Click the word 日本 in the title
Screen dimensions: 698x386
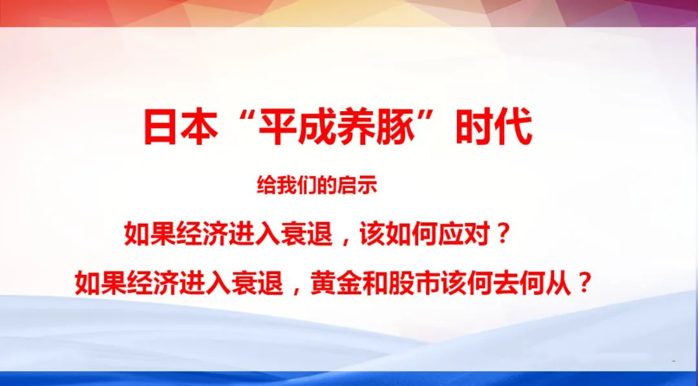[x=180, y=128]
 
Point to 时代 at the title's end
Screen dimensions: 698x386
[x=494, y=128]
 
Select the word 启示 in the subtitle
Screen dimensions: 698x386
[x=363, y=186]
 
